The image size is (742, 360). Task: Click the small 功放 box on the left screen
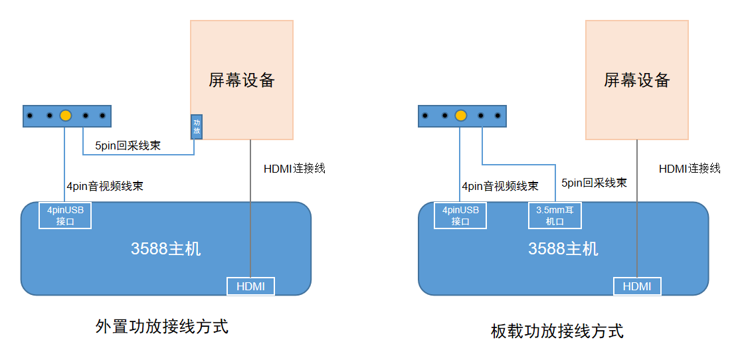[x=197, y=126]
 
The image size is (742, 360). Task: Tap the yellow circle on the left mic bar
[x=65, y=116]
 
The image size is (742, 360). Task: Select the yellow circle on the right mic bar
[x=460, y=116]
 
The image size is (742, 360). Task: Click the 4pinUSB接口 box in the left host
[x=65, y=215]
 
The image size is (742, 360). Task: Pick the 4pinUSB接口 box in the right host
[x=460, y=215]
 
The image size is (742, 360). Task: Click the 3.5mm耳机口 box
[x=555, y=215]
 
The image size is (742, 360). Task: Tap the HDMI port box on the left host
[x=250, y=286]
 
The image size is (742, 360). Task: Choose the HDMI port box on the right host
[x=637, y=286]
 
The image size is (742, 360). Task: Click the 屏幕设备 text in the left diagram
[x=242, y=80]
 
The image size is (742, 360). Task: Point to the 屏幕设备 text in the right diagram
[x=637, y=80]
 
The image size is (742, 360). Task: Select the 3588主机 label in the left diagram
[x=166, y=249]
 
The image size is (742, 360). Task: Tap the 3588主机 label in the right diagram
[x=563, y=249]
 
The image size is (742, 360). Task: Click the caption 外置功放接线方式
[x=162, y=327]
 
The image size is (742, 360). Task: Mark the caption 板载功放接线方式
[x=557, y=331]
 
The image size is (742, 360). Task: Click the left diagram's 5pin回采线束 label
[x=128, y=145]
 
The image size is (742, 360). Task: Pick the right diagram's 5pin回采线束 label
[x=594, y=183]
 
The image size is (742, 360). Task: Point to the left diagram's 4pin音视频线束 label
[x=105, y=187]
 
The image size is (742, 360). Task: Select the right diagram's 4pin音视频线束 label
[x=500, y=187]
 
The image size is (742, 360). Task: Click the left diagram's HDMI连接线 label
[x=294, y=169]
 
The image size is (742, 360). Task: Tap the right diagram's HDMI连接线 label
[x=690, y=169]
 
